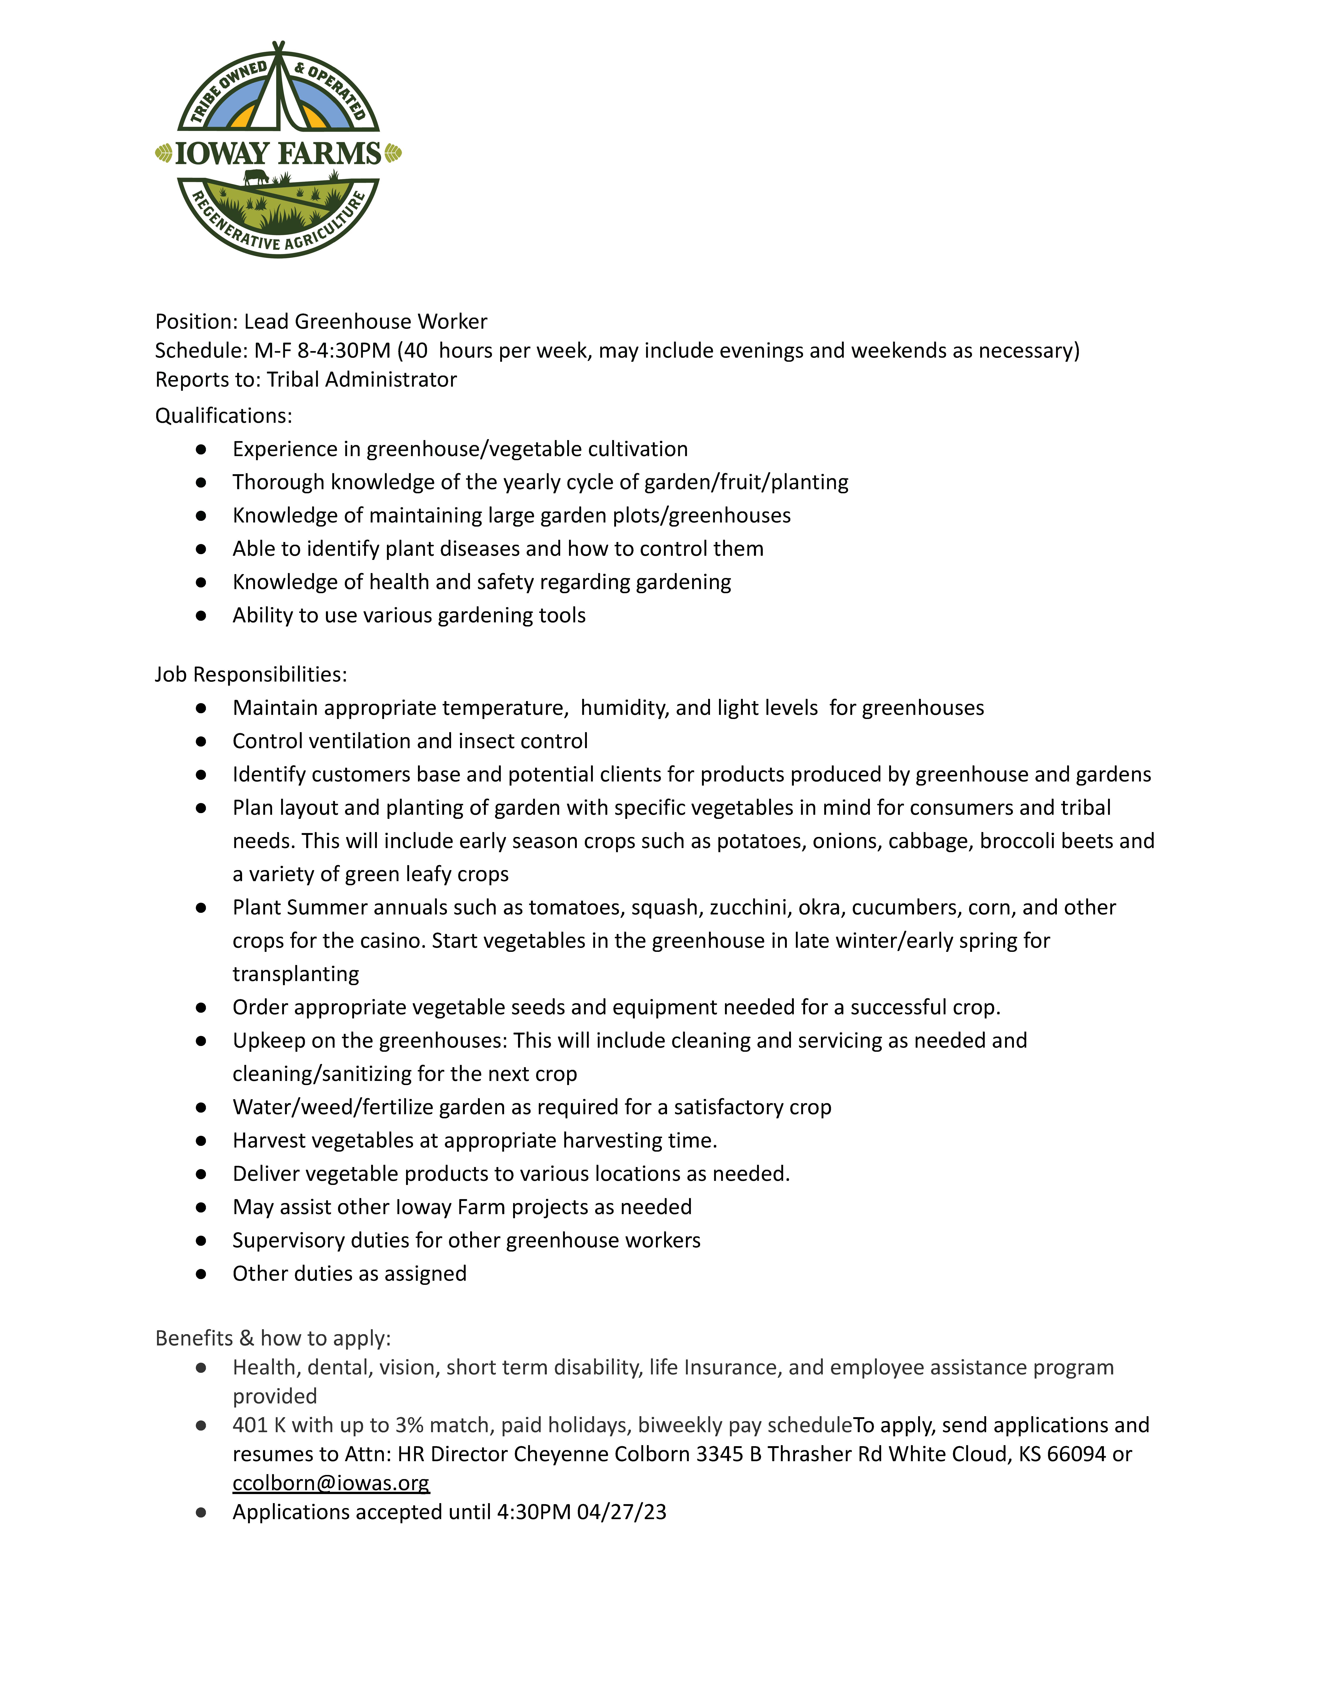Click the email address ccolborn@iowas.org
331,1483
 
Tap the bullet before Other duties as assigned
201,1274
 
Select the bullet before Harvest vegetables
201,1141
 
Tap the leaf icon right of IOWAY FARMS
393,153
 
